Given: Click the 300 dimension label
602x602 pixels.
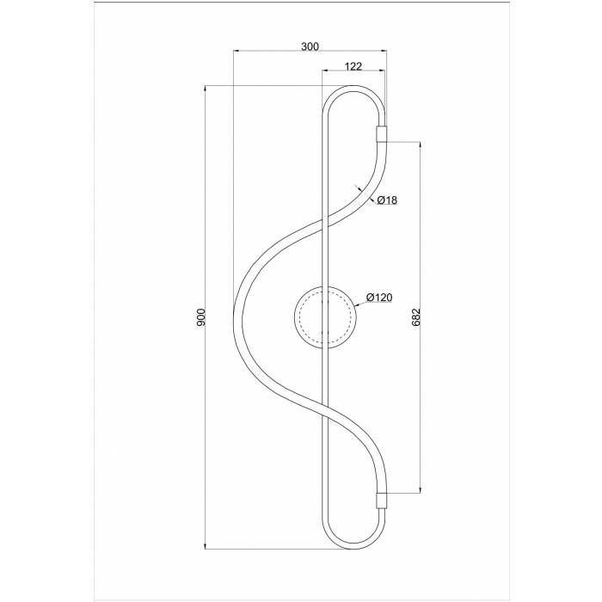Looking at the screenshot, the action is [x=310, y=46].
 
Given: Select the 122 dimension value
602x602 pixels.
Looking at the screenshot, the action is [x=353, y=66].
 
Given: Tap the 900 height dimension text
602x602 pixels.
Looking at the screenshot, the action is [x=201, y=317].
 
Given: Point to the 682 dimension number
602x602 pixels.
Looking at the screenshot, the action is [x=416, y=317].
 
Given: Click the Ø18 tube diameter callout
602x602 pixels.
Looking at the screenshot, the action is [x=387, y=200].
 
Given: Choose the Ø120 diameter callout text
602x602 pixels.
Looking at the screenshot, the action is [x=379, y=298].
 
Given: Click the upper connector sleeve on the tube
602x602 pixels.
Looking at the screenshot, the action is [x=381, y=134].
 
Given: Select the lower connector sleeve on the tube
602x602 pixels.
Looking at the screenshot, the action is [x=381, y=501].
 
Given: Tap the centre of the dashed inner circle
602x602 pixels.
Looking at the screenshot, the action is [x=325, y=317].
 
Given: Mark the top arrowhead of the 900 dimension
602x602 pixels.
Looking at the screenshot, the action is [x=206, y=88].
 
